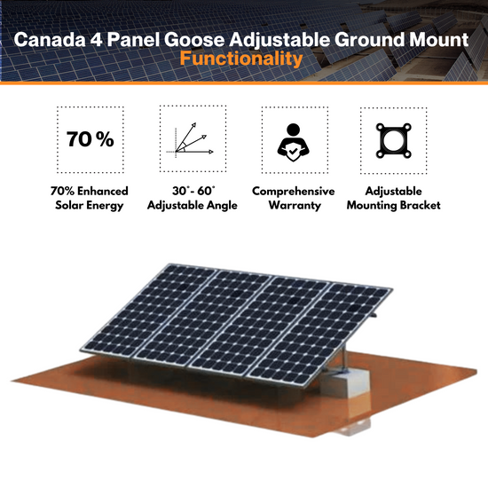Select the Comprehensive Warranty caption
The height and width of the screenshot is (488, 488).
point(293,199)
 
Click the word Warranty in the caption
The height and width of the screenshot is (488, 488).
point(293,207)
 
